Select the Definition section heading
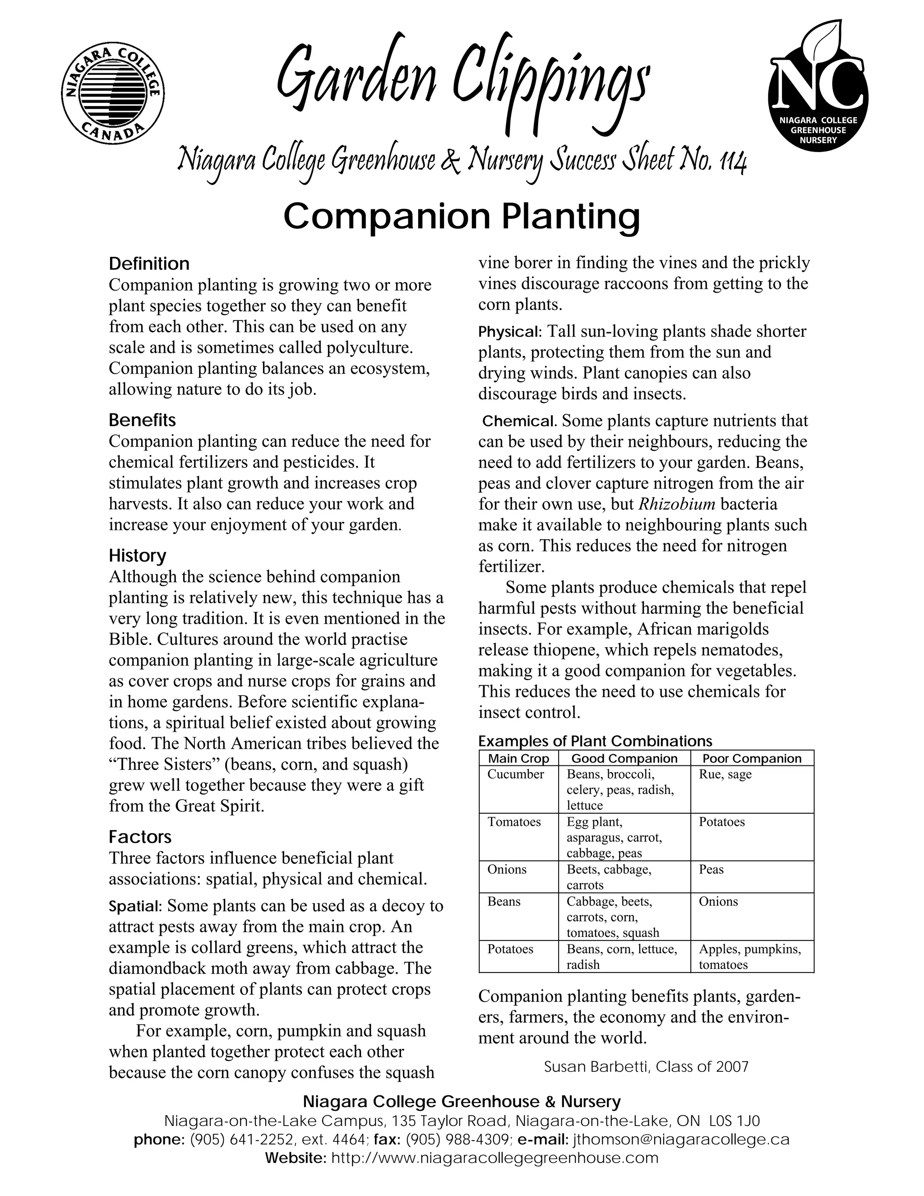click(x=149, y=264)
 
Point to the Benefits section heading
click(x=142, y=420)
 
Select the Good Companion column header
click(x=624, y=759)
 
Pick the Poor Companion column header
click(x=752, y=759)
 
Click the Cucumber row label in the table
click(x=516, y=774)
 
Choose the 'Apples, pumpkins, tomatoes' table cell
click(x=749, y=957)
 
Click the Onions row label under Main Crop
click(x=507, y=870)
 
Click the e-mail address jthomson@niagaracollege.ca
click(x=681, y=1140)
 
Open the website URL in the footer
click(x=494, y=1158)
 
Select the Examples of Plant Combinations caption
click(x=595, y=742)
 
